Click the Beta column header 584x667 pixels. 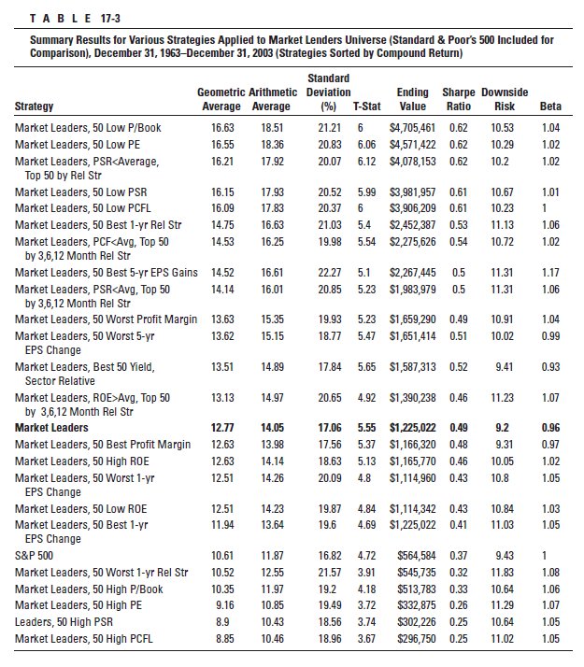550,106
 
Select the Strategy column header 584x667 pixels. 35,106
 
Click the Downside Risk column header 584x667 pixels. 505,99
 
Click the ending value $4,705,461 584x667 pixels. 412,126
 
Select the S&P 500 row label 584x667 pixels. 34,555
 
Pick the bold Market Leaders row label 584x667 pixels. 51,427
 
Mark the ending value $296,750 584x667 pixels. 414,639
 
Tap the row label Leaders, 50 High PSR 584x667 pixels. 66,622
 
